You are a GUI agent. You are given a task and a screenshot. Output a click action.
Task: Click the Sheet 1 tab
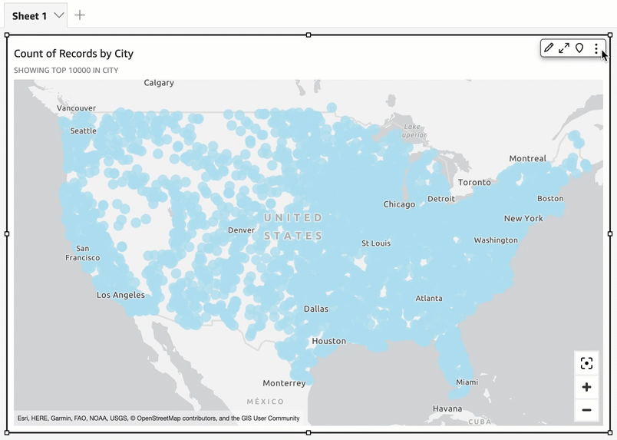(x=29, y=15)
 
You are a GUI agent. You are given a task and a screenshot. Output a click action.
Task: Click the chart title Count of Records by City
(x=74, y=54)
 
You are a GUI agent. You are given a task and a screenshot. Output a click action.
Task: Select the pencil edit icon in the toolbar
(x=549, y=48)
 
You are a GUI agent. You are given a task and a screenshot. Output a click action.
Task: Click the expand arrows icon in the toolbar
(x=564, y=48)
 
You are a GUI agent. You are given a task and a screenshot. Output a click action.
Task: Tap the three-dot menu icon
(x=596, y=48)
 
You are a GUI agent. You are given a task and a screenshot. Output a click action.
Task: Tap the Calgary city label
(x=159, y=83)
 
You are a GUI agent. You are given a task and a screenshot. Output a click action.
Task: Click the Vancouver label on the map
(x=76, y=108)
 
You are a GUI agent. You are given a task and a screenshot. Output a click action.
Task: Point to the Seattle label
(x=83, y=131)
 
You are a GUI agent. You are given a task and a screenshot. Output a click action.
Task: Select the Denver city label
(x=241, y=230)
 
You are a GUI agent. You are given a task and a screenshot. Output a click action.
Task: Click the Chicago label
(x=399, y=204)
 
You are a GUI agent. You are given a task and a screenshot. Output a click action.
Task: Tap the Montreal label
(x=527, y=159)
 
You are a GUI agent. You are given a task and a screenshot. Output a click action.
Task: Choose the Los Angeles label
(x=120, y=295)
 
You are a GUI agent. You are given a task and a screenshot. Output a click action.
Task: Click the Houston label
(x=328, y=341)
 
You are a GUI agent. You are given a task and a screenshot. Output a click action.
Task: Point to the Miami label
(x=466, y=382)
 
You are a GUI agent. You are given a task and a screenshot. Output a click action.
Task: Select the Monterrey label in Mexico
(x=284, y=383)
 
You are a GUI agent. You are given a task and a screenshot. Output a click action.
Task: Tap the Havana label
(x=447, y=409)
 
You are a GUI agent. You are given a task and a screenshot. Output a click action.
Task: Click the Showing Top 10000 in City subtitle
(x=66, y=71)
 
